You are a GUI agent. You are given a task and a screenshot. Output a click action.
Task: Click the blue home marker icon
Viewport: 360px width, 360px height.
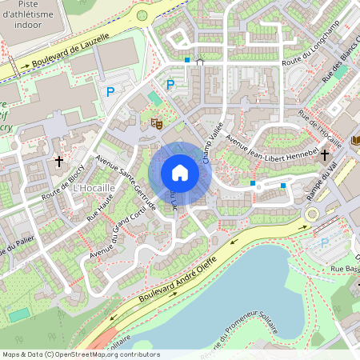tap(180, 173)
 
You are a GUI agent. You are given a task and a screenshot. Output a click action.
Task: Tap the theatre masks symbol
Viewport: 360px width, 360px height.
tap(158, 123)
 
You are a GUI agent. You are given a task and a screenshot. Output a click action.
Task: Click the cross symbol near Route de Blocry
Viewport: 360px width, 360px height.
tap(58, 162)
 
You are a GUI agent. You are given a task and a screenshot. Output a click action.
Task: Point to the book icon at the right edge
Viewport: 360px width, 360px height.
tap(356, 140)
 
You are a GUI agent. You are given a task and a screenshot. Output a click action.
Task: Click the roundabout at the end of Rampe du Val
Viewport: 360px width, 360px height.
tap(312, 213)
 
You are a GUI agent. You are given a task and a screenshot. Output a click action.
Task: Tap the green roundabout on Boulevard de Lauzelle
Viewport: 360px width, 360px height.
tap(142, 14)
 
